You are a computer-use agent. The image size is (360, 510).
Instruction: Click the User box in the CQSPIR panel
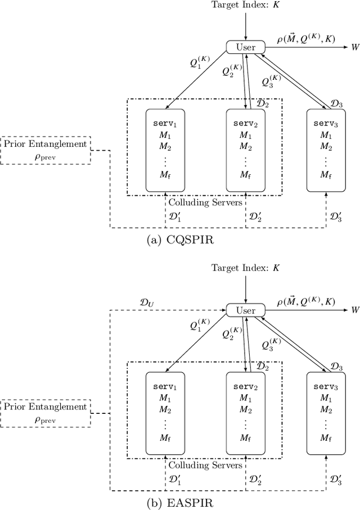coord(245,47)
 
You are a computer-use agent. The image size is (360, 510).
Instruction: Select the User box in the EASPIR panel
coord(245,310)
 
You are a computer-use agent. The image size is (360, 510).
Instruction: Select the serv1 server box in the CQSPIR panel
coord(165,150)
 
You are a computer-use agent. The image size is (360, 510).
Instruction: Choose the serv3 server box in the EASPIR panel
coord(325,413)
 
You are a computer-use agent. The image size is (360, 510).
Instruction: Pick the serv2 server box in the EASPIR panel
coord(245,413)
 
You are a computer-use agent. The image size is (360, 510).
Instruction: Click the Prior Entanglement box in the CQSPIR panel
coord(46,150)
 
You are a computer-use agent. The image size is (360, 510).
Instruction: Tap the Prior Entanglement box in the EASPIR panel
coord(46,413)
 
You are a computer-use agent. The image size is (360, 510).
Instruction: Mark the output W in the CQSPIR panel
coord(355,47)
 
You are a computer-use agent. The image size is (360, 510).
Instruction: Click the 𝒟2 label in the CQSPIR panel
coord(262,105)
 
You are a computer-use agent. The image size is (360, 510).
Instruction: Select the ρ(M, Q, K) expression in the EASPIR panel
coord(306,302)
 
